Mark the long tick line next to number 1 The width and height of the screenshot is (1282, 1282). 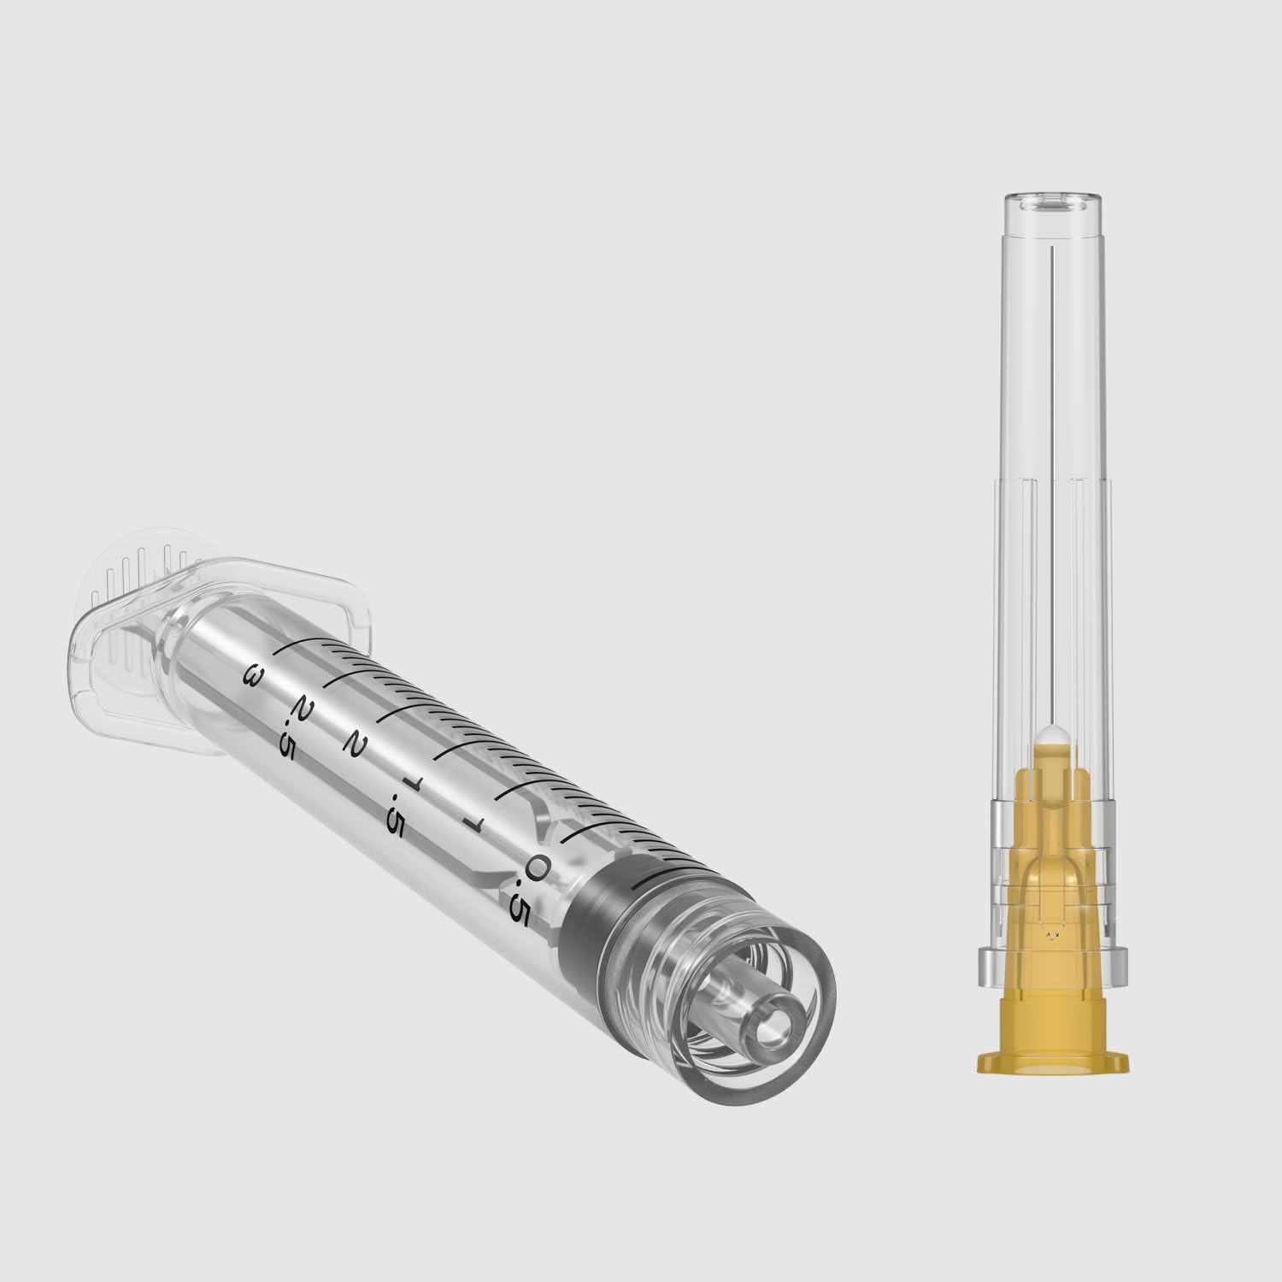tap(513, 790)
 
